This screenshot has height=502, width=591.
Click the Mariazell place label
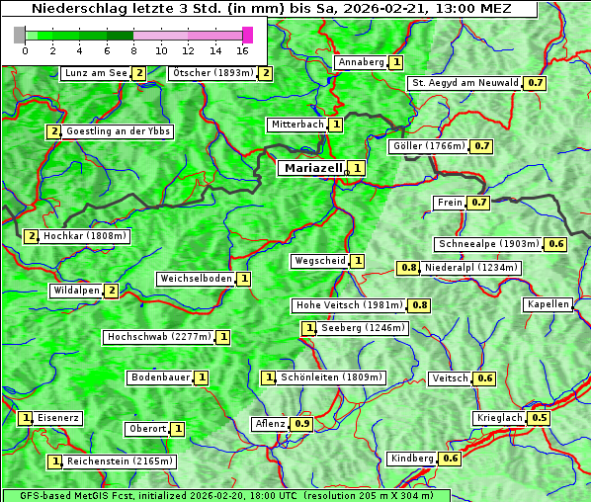tap(312, 168)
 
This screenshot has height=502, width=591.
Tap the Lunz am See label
tap(95, 73)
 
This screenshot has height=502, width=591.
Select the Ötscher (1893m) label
tap(212, 73)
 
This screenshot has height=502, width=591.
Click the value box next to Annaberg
tap(395, 62)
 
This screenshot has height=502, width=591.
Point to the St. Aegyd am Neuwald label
tap(464, 83)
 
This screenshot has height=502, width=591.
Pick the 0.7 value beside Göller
tap(481, 146)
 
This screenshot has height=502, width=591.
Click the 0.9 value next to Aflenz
tap(302, 424)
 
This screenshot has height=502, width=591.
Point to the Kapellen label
tap(549, 304)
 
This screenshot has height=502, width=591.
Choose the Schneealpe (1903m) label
tap(489, 244)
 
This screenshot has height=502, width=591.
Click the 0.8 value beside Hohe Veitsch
tap(420, 305)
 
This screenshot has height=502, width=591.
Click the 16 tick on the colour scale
tap(242, 50)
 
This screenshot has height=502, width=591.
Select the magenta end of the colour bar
tap(247, 35)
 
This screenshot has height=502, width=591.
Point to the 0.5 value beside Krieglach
tap(540, 418)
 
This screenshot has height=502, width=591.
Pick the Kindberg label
tap(412, 459)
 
